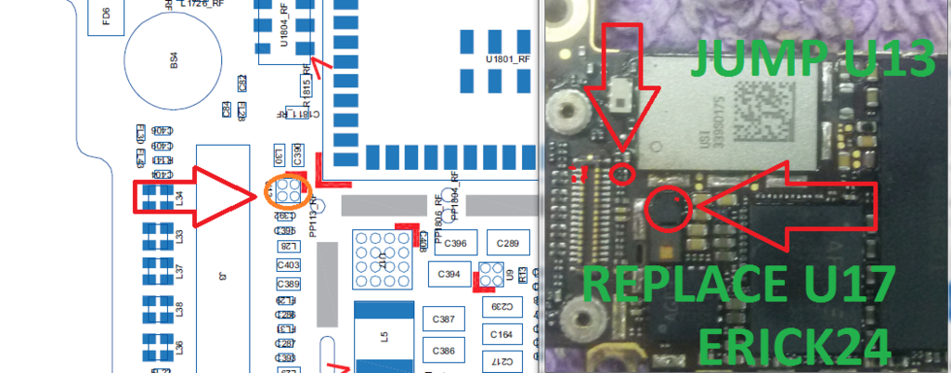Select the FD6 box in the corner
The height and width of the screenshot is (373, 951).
(x=105, y=15)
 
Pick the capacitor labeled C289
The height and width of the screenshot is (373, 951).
(x=507, y=244)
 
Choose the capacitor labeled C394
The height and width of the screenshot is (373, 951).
(x=449, y=275)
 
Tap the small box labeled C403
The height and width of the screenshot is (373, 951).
(x=288, y=265)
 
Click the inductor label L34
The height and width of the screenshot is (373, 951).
(x=180, y=197)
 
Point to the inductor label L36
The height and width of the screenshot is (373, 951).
(x=180, y=348)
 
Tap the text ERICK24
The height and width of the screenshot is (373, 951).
(x=794, y=345)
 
